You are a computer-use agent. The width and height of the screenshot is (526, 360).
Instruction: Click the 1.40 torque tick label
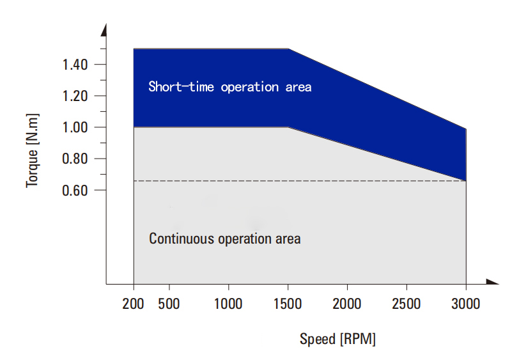tap(75, 64)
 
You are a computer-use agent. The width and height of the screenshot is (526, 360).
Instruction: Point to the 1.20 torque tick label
tap(75, 96)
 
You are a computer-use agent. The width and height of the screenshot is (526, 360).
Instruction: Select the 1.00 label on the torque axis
tap(75, 127)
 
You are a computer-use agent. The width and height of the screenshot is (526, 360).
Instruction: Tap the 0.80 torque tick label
tap(75, 159)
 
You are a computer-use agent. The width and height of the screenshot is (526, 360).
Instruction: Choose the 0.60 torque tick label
tap(75, 191)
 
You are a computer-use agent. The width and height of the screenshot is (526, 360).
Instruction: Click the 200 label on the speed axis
tap(133, 304)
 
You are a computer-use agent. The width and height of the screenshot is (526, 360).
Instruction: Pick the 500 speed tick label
tap(169, 304)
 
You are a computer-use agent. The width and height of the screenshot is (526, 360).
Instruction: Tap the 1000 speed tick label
tap(228, 304)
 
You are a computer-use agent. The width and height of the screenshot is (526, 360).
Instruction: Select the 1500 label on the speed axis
tap(288, 304)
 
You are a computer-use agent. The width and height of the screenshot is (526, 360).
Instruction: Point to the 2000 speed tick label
tap(347, 304)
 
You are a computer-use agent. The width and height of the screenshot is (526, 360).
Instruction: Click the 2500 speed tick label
tap(406, 304)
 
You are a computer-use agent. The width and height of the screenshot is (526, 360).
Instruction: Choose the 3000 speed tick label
tap(466, 304)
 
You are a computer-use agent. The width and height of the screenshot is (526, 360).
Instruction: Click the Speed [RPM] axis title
tap(337, 339)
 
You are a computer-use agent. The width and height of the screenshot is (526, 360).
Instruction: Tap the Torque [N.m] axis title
tap(33, 151)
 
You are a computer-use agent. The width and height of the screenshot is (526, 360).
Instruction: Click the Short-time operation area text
tap(230, 87)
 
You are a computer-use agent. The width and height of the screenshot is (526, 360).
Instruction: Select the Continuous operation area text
tap(225, 239)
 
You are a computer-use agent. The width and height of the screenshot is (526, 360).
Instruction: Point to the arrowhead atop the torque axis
tap(104, 30)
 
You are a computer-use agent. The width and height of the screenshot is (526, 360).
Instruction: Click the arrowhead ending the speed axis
tap(493, 282)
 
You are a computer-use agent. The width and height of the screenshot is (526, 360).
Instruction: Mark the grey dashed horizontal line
tap(300, 181)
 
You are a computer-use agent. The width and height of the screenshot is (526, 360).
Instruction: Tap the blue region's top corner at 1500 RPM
tap(288, 49)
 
